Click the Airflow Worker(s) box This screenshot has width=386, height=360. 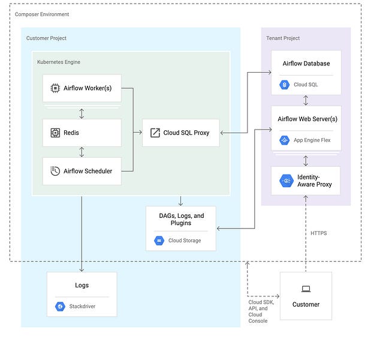(82, 88)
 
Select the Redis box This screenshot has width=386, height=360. (82, 133)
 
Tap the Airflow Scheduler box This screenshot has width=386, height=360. (82, 171)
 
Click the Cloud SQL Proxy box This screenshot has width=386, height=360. (180, 133)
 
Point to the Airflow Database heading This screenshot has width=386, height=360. (306, 64)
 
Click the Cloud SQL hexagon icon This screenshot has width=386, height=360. (284, 85)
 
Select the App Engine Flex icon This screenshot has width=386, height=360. (284, 140)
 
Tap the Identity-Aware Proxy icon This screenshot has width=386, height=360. (285, 179)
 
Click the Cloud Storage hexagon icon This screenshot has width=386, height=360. (159, 241)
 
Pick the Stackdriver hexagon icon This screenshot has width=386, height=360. (60, 307)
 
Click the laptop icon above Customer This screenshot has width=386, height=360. (306, 289)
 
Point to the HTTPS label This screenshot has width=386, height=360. (318, 233)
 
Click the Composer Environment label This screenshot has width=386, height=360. (42, 14)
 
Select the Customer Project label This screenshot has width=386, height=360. (46, 38)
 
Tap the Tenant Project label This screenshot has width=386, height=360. (283, 38)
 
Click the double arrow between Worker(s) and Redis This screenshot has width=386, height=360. (82, 113)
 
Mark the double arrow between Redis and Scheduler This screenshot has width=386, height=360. (82, 152)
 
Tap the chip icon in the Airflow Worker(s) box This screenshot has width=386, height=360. (55, 88)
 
